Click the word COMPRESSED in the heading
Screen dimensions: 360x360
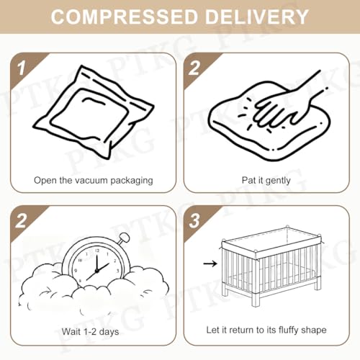tap(124, 17)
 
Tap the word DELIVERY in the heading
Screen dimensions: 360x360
tap(257, 17)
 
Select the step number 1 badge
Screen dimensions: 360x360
tap(21, 68)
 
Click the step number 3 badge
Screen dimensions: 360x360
tap(194, 221)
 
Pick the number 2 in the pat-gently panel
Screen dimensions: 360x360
tap(194, 68)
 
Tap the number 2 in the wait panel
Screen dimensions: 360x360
tap(21, 221)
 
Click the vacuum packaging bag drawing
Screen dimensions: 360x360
tap(94, 112)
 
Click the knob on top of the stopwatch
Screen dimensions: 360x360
tap(124, 238)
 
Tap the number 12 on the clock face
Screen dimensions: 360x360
tap(96, 251)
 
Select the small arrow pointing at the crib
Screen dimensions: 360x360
tap(210, 264)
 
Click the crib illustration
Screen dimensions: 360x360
tap(271, 266)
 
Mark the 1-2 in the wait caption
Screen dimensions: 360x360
tap(89, 332)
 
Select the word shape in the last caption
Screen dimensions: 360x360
tap(314, 330)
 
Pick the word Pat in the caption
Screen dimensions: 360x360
tap(248, 180)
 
